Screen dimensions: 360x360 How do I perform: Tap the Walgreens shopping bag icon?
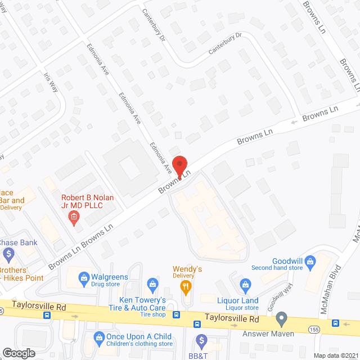click(84, 277)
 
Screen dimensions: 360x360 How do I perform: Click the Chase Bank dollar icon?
click(8, 254)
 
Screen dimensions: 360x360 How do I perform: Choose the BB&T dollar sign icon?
click(201, 340)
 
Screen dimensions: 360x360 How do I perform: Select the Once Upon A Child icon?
click(96, 337)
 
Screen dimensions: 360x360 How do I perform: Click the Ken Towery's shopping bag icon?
click(151, 283)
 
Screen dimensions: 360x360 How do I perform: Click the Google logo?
click(19, 353)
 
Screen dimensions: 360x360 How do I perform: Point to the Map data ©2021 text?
click(336, 355)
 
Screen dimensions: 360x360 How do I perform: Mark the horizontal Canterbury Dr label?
click(224, 43)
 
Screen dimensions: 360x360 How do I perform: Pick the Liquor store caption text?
click(241, 308)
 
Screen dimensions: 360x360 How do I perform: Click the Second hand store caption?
click(277, 268)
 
